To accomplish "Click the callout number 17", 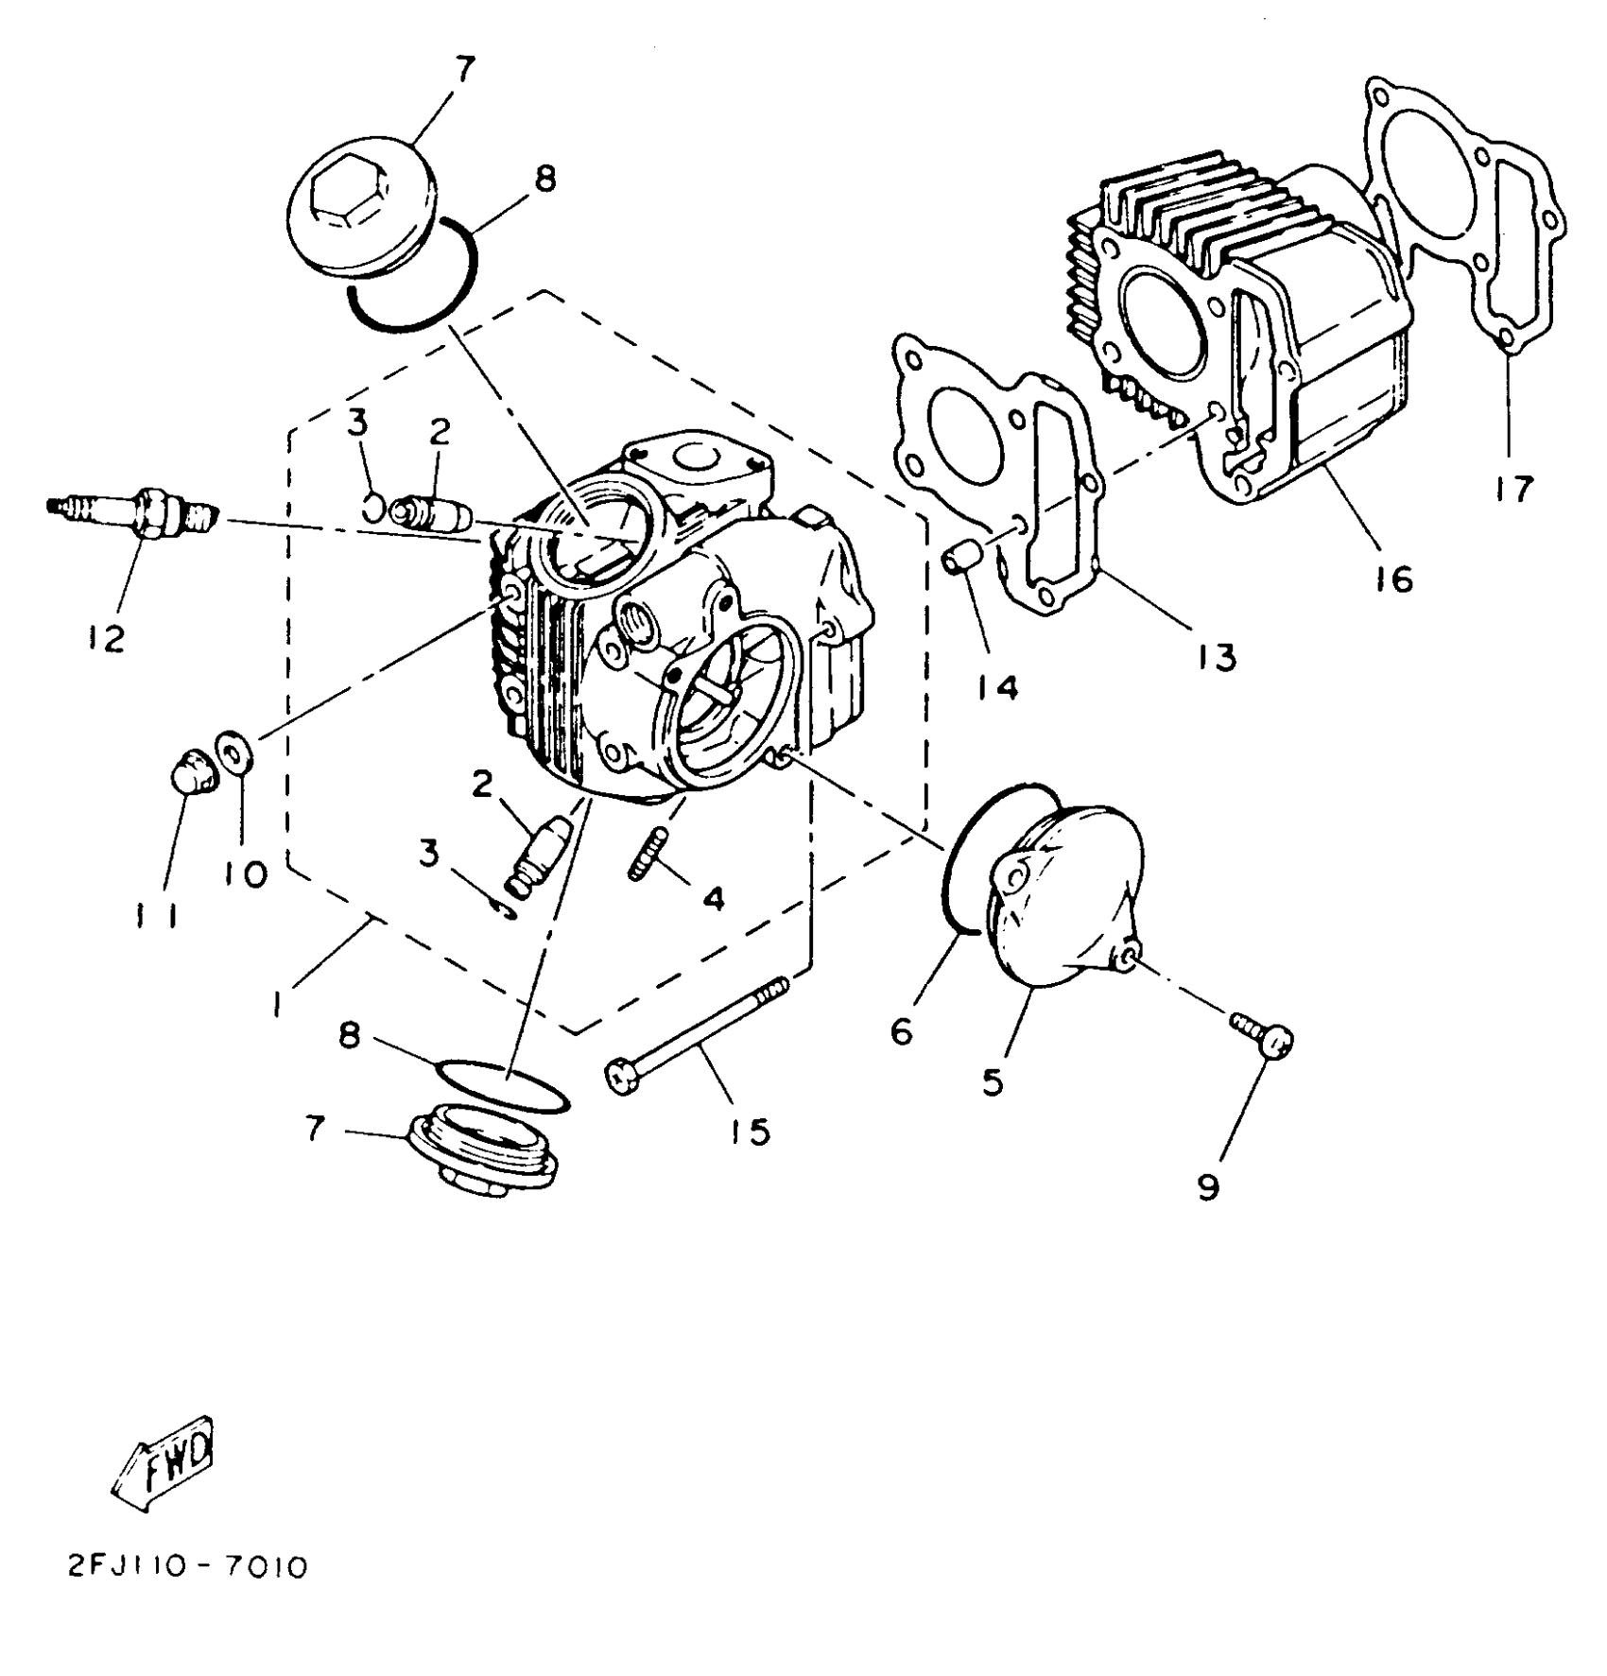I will click(1514, 491).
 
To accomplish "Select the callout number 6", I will click(902, 1030).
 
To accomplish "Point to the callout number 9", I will click(1209, 1186).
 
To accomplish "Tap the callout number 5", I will click(992, 1082).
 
